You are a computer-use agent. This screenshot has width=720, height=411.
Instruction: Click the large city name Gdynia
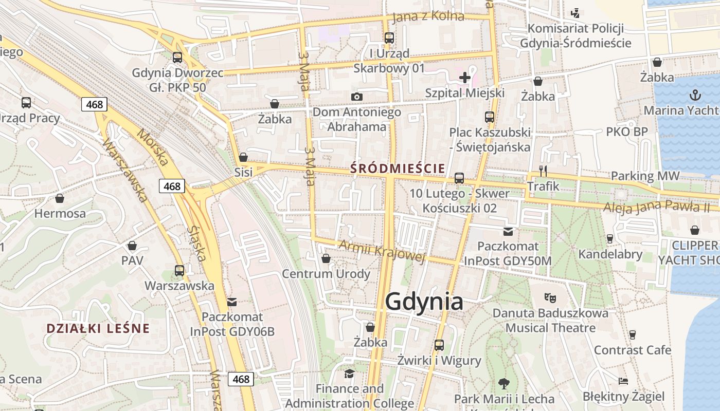tap(424, 302)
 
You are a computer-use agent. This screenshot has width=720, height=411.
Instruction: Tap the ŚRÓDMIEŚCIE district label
tap(397, 167)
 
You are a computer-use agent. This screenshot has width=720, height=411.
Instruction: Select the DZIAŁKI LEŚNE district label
tap(98, 328)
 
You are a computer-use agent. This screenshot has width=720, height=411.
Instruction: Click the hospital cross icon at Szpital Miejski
tap(465, 78)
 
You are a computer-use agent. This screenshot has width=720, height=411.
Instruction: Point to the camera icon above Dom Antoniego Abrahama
tap(356, 97)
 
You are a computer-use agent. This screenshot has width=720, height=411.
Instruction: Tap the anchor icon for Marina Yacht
tap(695, 95)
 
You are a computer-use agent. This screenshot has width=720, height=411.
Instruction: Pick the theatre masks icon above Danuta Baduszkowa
tap(550, 297)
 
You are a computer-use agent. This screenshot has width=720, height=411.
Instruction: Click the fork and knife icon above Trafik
tap(543, 171)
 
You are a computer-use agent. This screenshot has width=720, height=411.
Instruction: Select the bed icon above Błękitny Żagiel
tap(623, 381)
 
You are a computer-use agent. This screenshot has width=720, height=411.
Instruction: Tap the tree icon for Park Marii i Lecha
tap(503, 383)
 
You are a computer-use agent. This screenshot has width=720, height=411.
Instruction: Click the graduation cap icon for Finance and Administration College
tap(349, 373)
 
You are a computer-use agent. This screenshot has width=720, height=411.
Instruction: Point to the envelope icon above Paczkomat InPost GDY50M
tap(508, 232)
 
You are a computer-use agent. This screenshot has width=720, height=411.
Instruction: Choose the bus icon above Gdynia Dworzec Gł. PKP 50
tap(177, 57)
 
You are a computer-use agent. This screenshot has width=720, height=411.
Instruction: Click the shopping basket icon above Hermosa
tap(60, 198)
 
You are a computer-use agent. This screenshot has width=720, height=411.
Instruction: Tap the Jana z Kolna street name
tap(428, 16)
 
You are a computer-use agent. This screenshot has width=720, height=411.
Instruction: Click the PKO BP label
tap(627, 132)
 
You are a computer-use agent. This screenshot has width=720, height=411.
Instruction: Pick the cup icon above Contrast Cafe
tap(633, 335)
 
